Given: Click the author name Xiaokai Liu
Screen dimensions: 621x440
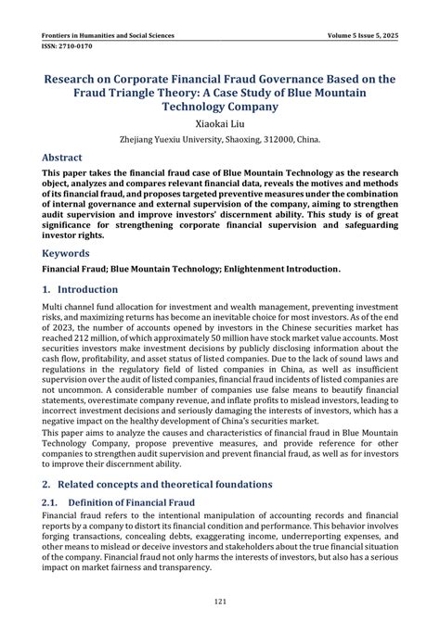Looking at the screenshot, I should click(219, 121).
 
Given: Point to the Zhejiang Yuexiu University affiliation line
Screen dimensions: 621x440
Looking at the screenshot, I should click(219, 139).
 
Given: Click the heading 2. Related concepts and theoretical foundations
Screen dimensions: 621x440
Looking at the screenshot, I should click(157, 484).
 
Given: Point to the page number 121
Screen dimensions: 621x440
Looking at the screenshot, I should click(220, 602).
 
